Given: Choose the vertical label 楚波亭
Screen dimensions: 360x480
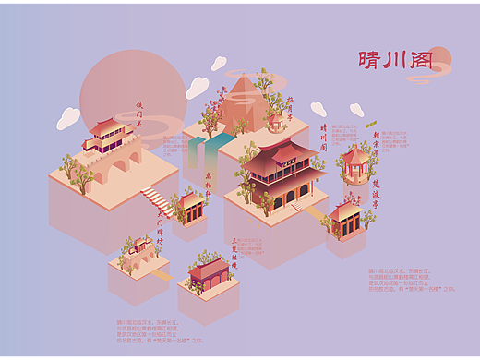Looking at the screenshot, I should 377,195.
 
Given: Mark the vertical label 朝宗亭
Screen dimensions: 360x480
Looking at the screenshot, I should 377,138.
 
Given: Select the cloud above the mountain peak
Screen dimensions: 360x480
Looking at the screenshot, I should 219,64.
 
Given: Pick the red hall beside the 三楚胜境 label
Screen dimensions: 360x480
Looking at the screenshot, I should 208,271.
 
